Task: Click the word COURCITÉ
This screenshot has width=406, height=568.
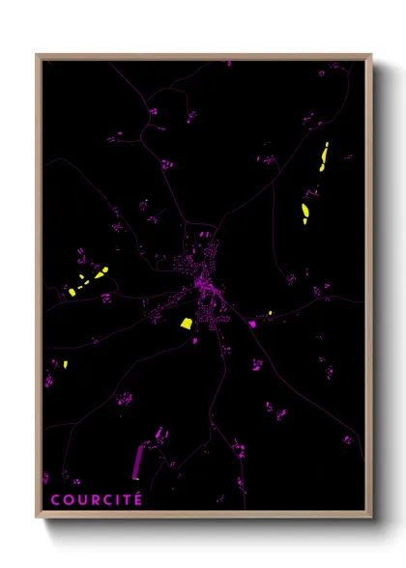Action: click(96, 499)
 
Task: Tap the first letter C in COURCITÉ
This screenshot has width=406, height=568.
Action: click(55, 499)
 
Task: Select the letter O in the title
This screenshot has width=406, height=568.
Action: click(67, 499)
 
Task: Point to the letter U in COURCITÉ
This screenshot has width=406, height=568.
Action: click(80, 499)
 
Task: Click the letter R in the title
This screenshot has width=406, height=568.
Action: click(93, 499)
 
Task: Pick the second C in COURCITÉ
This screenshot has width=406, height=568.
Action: click(105, 499)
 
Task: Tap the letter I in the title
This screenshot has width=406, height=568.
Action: click(116, 499)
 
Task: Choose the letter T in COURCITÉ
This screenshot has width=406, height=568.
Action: click(125, 499)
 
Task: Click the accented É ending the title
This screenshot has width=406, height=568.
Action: click(137, 498)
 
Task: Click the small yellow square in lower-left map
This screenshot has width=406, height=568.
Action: click(65, 364)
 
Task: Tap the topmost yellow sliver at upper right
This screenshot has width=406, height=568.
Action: click(325, 153)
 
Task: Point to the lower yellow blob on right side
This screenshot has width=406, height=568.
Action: click(305, 213)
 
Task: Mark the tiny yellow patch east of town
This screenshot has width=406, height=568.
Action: click(270, 312)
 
